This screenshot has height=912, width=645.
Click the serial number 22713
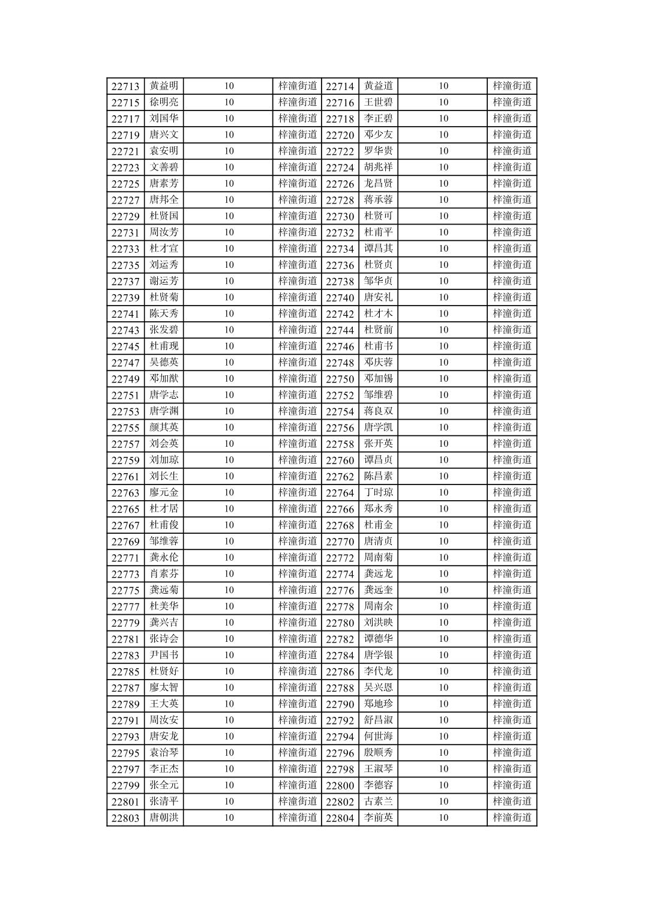click(x=125, y=86)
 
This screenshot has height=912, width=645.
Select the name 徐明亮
click(x=164, y=102)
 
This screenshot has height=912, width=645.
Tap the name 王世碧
click(x=378, y=102)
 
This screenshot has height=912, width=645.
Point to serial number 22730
click(x=340, y=216)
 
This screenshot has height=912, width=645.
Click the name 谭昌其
click(x=378, y=249)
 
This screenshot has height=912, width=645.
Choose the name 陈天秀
click(x=164, y=313)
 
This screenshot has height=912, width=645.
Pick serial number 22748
click(x=340, y=363)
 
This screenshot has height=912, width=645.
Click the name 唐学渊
click(x=164, y=411)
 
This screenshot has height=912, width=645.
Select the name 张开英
click(x=378, y=444)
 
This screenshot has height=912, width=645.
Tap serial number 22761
click(x=125, y=477)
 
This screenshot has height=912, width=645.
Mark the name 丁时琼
click(x=378, y=492)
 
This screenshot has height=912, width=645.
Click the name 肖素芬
click(x=164, y=574)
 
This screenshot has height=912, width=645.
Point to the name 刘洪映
click(x=378, y=623)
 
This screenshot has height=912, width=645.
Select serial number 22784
click(x=340, y=656)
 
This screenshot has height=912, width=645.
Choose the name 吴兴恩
click(x=378, y=687)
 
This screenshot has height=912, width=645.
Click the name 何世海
click(x=378, y=736)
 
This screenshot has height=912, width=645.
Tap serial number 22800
click(x=340, y=785)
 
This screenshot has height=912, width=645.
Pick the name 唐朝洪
click(x=164, y=818)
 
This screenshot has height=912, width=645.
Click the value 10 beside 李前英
click(x=443, y=818)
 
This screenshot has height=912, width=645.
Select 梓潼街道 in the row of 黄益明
click(x=298, y=86)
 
